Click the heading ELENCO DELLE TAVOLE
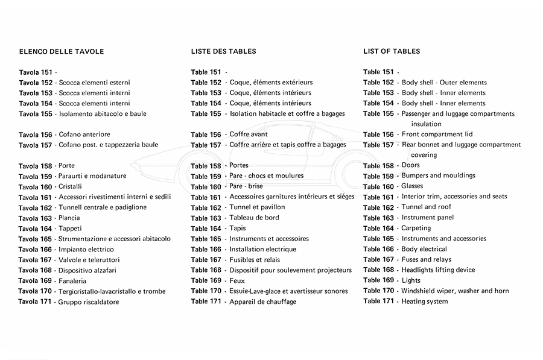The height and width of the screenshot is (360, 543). click(x=62, y=51)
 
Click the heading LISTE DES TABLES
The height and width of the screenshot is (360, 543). click(x=223, y=51)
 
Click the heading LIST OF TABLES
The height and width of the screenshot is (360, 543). click(x=392, y=51)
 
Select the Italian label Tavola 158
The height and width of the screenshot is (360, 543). click(x=36, y=166)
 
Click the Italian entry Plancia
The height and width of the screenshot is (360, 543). click(x=70, y=218)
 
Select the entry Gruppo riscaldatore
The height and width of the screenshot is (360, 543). click(x=89, y=302)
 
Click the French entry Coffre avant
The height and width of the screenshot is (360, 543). click(x=249, y=134)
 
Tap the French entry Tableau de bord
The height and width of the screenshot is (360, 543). click(x=254, y=218)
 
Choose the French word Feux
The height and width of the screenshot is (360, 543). click(x=237, y=280)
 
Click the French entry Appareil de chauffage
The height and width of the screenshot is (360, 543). click(x=263, y=302)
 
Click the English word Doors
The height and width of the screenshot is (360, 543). click(x=410, y=165)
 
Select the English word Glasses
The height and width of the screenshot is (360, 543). click(x=412, y=186)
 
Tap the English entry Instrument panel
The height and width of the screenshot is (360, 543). click(x=428, y=218)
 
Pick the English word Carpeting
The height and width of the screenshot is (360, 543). click(x=416, y=229)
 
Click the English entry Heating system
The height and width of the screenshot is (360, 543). click(x=425, y=302)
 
